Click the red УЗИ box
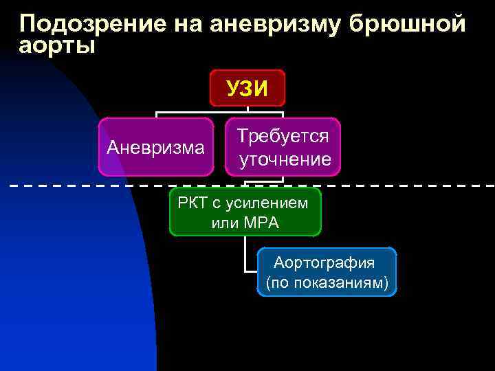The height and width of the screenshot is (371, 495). (x=247, y=87)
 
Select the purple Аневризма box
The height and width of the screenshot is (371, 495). (x=155, y=147)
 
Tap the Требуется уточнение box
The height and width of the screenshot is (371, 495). (x=283, y=147)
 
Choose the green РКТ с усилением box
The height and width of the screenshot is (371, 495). (x=245, y=212)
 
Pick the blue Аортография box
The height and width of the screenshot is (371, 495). (x=327, y=272)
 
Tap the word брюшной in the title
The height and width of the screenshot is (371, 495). (x=408, y=24)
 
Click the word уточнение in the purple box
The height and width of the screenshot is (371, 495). (x=285, y=159)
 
